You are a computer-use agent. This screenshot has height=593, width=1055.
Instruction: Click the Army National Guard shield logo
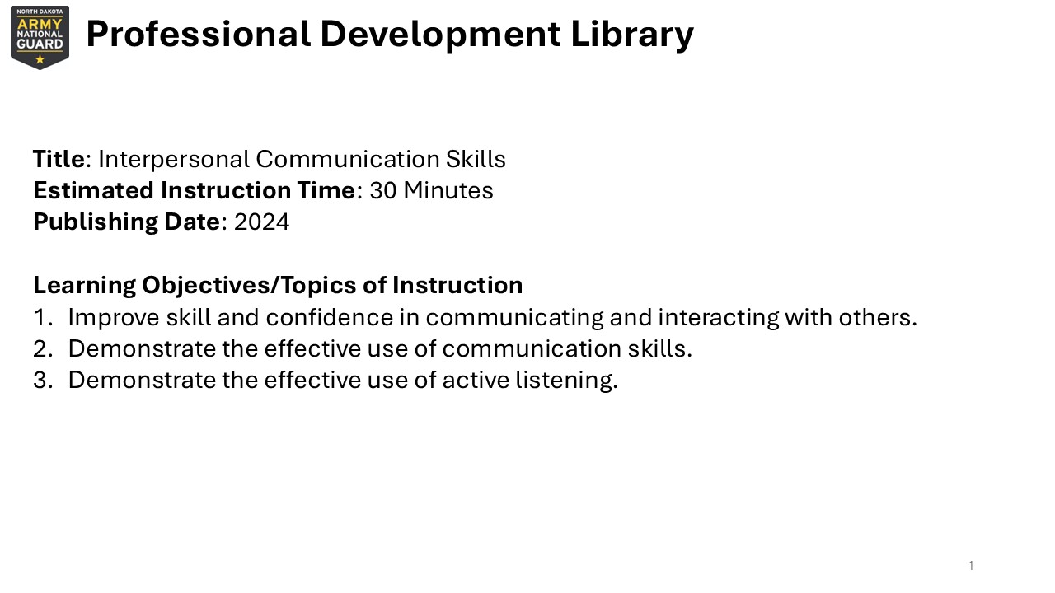point(40,38)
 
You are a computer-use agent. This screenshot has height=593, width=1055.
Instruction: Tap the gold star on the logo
point(40,60)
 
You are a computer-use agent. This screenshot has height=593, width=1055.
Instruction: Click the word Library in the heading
point(632,35)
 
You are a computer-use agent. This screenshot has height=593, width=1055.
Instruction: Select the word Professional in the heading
point(199,34)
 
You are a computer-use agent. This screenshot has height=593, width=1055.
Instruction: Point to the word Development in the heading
point(440,35)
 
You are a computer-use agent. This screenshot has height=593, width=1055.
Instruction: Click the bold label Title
point(59,159)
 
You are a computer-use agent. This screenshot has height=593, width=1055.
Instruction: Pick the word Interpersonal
point(174,160)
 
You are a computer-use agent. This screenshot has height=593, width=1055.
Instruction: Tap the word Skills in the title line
point(476,159)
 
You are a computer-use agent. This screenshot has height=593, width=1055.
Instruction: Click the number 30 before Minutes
point(383,190)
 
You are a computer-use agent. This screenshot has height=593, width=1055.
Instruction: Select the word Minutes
point(448,190)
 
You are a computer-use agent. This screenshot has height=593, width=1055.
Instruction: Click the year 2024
point(261,222)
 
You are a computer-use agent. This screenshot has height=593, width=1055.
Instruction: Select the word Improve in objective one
point(114,318)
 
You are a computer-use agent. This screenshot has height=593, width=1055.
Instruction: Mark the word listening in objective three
point(566,381)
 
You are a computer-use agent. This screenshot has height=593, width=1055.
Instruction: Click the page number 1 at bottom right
point(971,565)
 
